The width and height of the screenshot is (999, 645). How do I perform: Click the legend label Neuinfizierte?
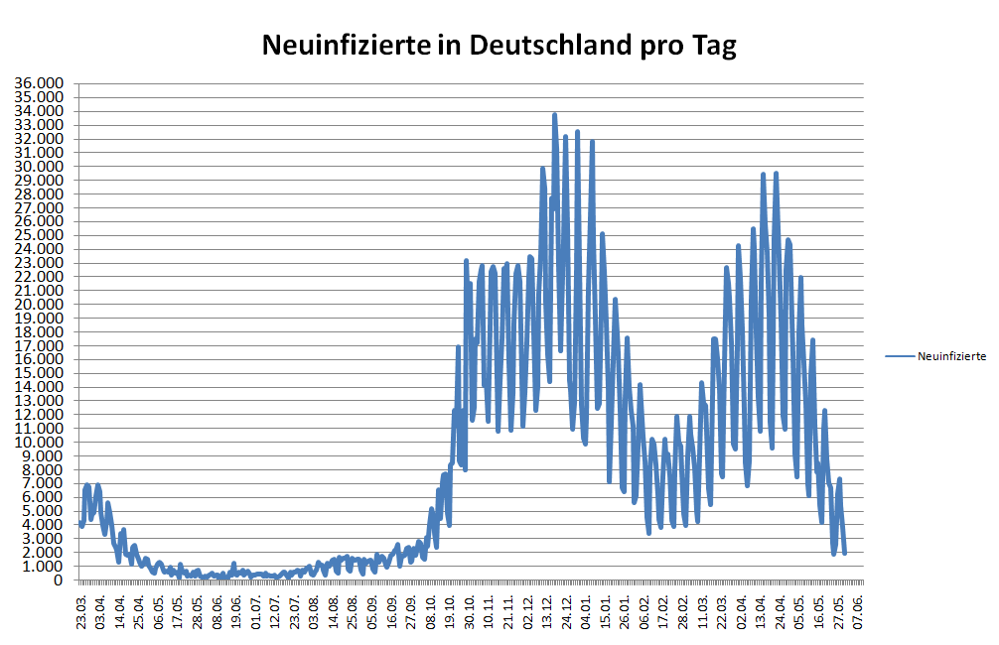pyautogui.click(x=951, y=355)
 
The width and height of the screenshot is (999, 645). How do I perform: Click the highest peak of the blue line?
pyautogui.click(x=554, y=114)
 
